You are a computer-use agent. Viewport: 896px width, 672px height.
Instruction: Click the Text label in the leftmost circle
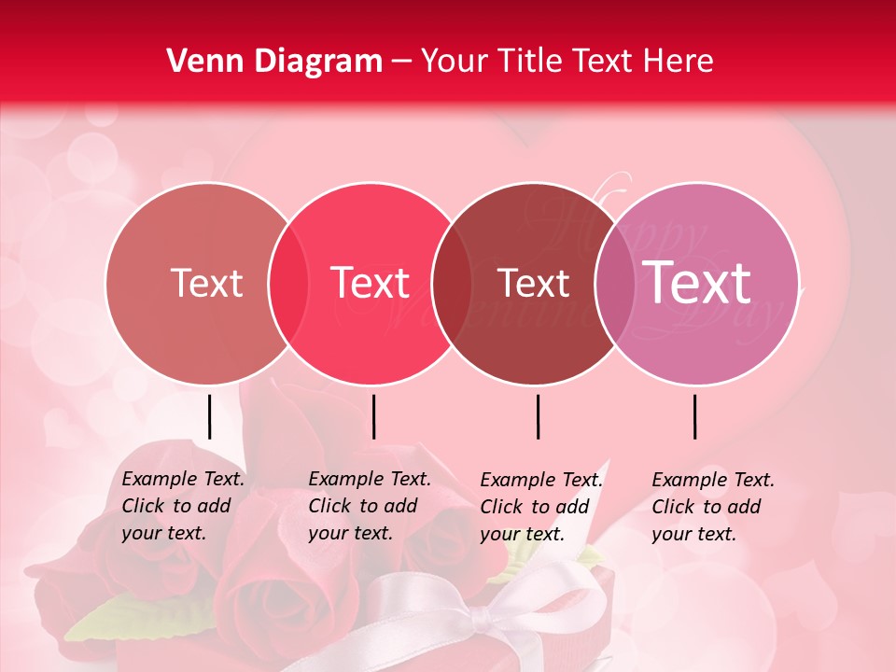coord(206,283)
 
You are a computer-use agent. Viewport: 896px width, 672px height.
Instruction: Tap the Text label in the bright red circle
coord(371,283)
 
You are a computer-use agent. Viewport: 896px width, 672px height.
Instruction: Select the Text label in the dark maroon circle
coord(533,283)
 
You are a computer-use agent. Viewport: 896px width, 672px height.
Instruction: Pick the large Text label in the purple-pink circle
coord(697,283)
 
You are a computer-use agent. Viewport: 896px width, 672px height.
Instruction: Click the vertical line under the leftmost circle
coord(209,416)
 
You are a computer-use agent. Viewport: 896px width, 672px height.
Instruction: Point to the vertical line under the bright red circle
coord(373,416)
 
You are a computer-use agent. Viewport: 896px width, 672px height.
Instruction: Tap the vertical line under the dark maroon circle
coord(538,416)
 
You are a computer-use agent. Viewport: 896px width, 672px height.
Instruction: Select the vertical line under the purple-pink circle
coord(694,416)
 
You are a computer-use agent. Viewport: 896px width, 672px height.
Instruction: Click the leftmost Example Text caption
coord(183,506)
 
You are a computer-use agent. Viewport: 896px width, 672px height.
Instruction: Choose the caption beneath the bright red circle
coord(370,506)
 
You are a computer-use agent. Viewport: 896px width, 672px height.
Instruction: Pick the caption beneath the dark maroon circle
coord(541,507)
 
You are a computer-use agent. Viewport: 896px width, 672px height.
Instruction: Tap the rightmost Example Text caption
coord(713,507)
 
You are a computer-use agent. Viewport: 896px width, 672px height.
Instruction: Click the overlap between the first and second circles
coord(288,284)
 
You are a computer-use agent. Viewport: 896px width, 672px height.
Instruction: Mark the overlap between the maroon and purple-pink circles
coord(613,284)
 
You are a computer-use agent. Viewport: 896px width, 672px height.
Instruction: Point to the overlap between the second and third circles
coord(452,284)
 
